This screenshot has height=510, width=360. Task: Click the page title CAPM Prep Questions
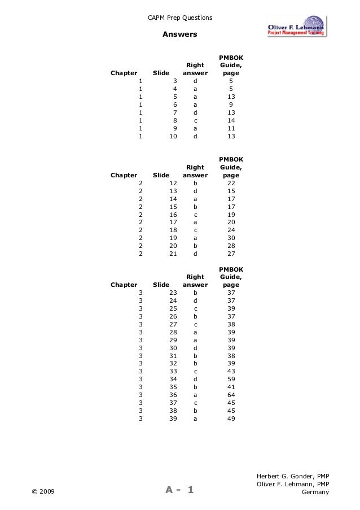pyautogui.click(x=180, y=18)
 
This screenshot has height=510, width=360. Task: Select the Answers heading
pyautogui.click(x=180, y=35)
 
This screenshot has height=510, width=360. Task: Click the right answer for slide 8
pyautogui.click(x=195, y=120)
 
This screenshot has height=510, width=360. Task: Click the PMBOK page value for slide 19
pyautogui.click(x=231, y=238)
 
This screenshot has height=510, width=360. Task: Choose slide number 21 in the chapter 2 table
pyautogui.click(x=174, y=254)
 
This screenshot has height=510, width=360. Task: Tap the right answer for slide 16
pyautogui.click(x=195, y=215)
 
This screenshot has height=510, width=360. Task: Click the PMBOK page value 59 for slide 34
pyautogui.click(x=231, y=379)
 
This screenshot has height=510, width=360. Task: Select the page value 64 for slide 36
pyautogui.click(x=231, y=395)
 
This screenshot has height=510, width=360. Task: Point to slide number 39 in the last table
pyautogui.click(x=174, y=419)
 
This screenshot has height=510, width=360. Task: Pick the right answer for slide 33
pyautogui.click(x=195, y=371)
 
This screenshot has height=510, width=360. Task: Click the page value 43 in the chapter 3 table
pyautogui.click(x=231, y=371)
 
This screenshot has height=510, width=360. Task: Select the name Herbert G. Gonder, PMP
pyautogui.click(x=293, y=476)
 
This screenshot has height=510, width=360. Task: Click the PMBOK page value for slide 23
pyautogui.click(x=231, y=293)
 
